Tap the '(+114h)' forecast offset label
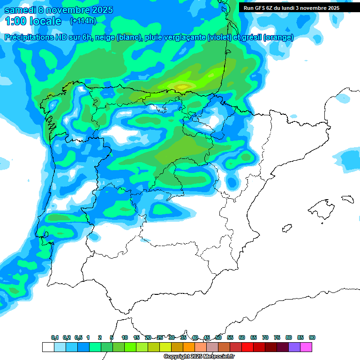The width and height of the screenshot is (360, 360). tap(83, 21)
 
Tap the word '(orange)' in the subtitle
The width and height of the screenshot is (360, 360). tap(279, 37)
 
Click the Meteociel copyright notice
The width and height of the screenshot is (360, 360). tap(199, 357)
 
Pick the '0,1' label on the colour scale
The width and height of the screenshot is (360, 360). tap(55, 337)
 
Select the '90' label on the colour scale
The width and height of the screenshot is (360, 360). tap(312, 337)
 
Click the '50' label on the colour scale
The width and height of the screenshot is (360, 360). tap(218, 337)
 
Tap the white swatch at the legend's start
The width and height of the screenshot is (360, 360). tap(48, 347)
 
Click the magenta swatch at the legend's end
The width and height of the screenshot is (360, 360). tap(306, 347)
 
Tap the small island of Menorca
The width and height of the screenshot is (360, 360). tap(347, 199)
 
